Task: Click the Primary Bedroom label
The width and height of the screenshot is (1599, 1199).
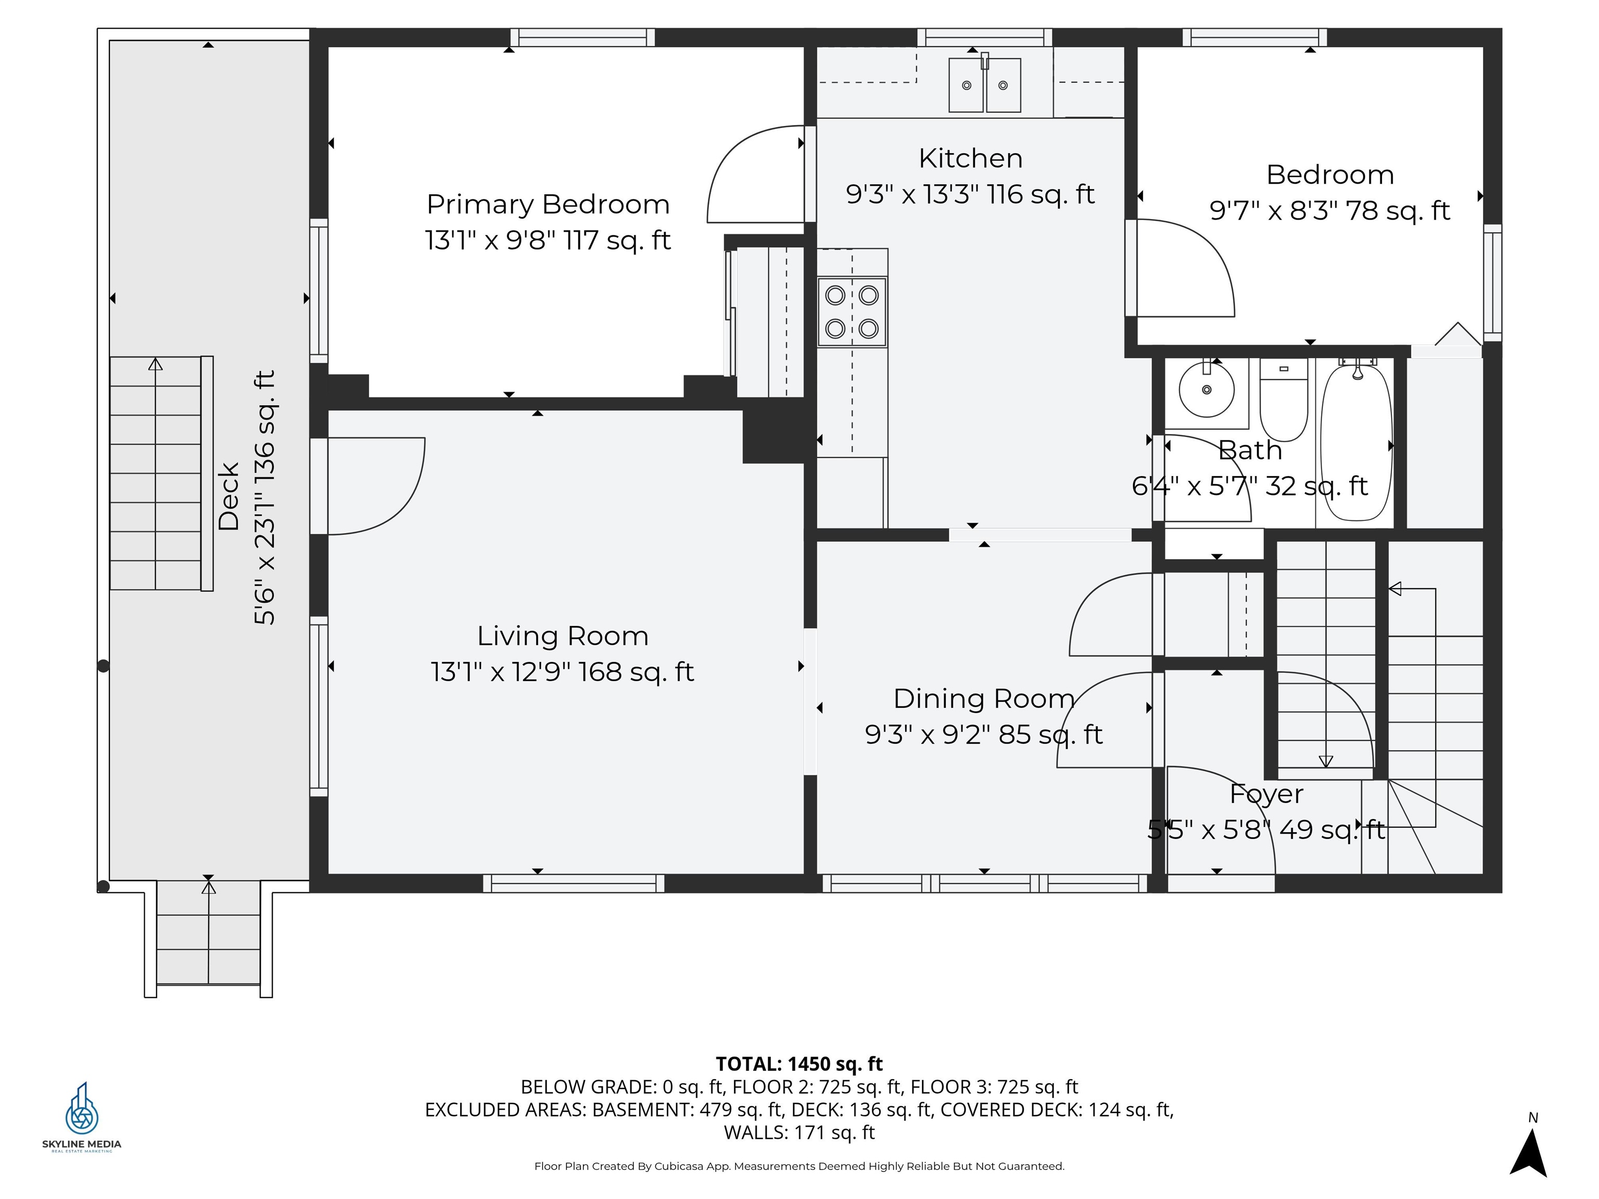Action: point(548,205)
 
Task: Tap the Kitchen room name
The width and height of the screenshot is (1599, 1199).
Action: point(970,158)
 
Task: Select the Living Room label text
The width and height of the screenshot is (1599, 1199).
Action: point(562,636)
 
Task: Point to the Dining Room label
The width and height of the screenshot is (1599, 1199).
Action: point(984,699)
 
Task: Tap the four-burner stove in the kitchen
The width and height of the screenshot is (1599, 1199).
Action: point(852,312)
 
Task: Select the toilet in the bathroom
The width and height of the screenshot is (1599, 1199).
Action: point(1284,400)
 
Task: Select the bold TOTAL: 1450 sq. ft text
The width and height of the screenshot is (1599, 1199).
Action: point(799,1064)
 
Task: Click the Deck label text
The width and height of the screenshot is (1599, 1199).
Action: point(229,496)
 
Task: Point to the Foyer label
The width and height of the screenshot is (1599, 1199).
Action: point(1266,794)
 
